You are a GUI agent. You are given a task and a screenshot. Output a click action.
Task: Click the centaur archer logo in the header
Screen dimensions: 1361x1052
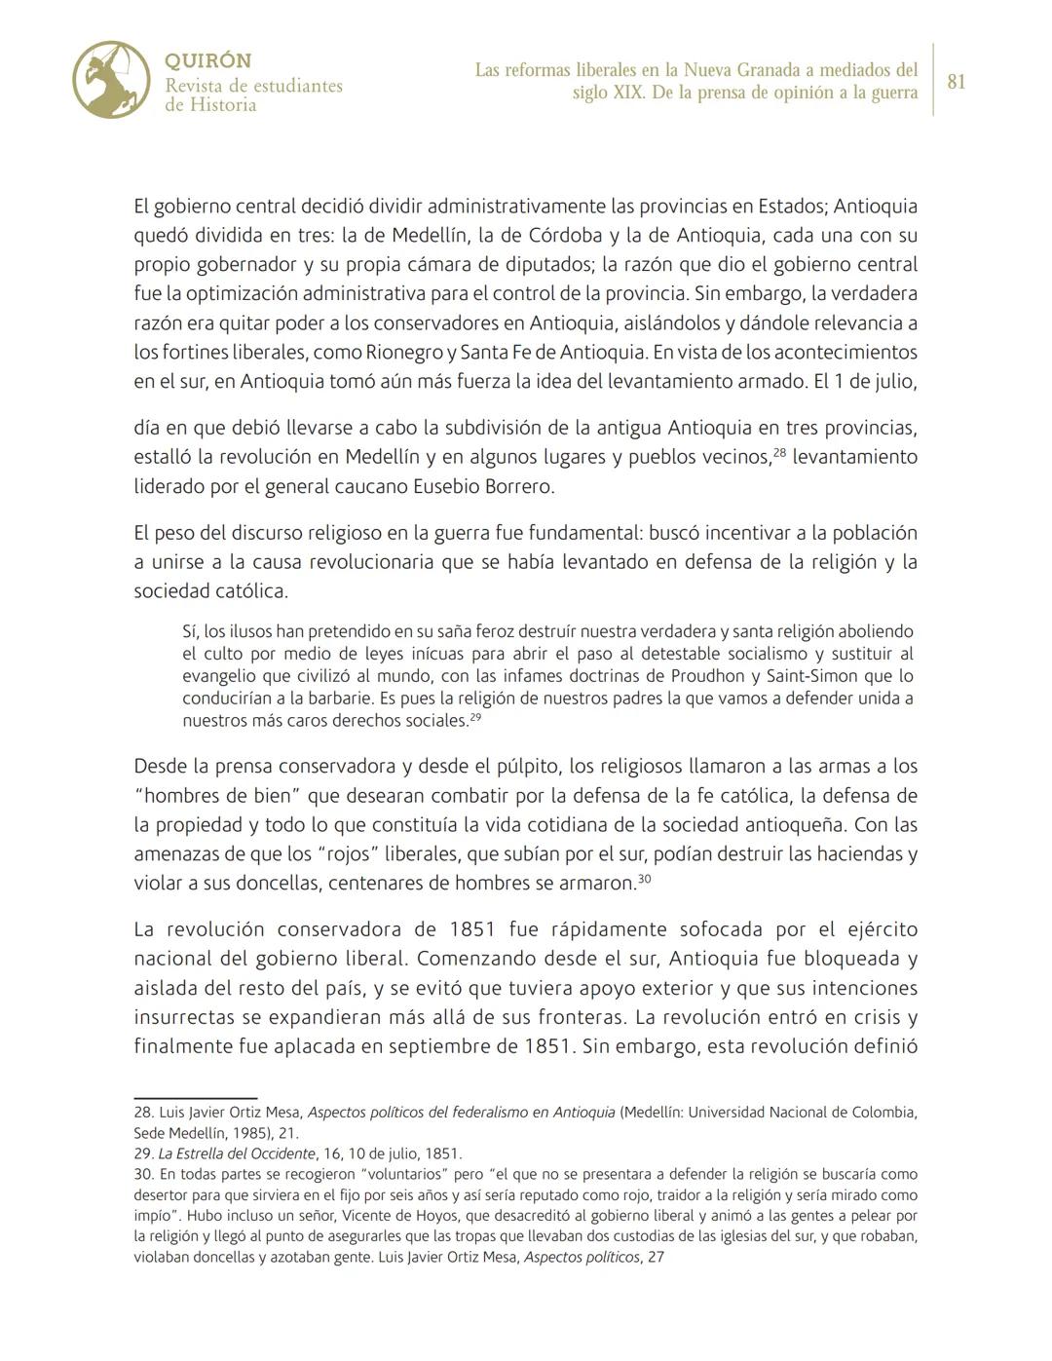tap(111, 80)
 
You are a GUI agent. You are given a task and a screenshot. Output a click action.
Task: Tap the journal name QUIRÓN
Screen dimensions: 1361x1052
tap(207, 60)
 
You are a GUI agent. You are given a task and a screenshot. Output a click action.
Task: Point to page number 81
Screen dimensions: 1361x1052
tap(957, 82)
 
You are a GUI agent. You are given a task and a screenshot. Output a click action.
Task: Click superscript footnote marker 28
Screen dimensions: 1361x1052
tap(779, 451)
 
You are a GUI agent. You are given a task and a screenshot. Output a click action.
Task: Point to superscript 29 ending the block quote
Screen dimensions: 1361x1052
tap(475, 717)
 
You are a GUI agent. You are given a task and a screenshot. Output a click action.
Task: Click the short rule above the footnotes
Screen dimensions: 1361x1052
tap(195, 1098)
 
